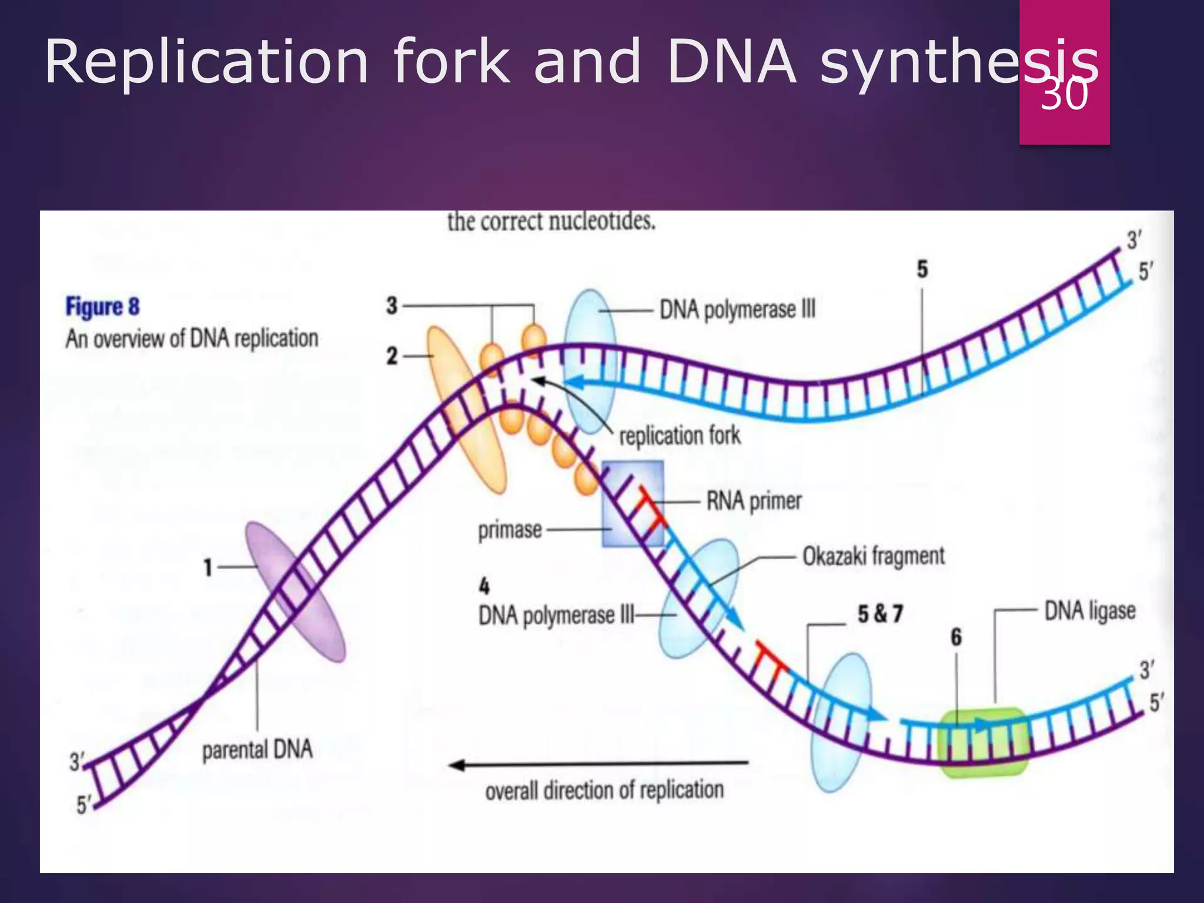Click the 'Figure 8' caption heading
[x=103, y=307]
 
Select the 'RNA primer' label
[x=754, y=501]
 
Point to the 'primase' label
[x=510, y=530]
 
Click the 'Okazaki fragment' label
[x=874, y=556]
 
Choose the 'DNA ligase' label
[x=1089, y=611]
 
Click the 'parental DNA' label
[x=257, y=750]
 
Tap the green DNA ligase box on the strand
[x=984, y=742]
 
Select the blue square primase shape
[x=633, y=504]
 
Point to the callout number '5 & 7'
[x=879, y=614]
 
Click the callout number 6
[x=956, y=637]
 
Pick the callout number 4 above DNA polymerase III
[x=484, y=586]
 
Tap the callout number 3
[x=392, y=306]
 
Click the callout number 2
[x=392, y=356]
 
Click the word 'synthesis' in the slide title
[x=958, y=61]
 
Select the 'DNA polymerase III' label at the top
[x=737, y=309]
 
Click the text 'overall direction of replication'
[x=604, y=791]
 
